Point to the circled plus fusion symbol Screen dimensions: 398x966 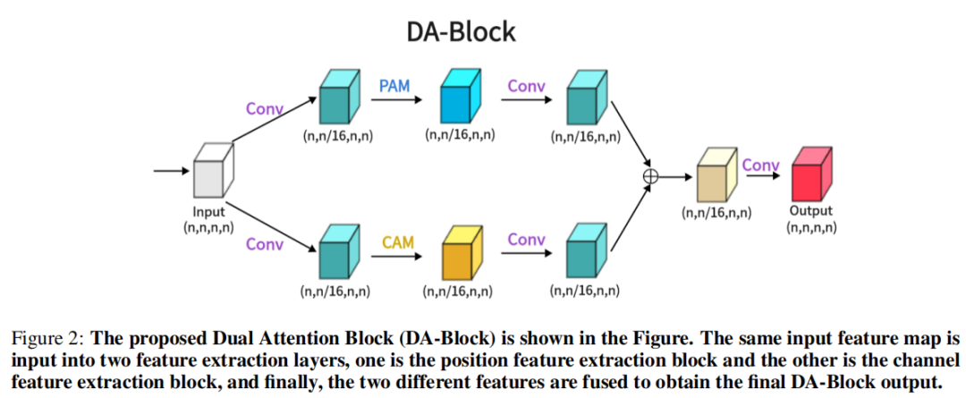point(651,176)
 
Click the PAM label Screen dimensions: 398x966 point(394,87)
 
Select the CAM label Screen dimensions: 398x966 point(397,242)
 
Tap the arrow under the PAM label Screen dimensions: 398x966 point(397,100)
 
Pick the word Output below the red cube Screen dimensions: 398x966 point(810,212)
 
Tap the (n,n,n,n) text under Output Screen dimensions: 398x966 point(811,228)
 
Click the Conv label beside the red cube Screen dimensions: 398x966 point(760,165)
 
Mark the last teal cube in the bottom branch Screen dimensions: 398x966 point(587,253)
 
